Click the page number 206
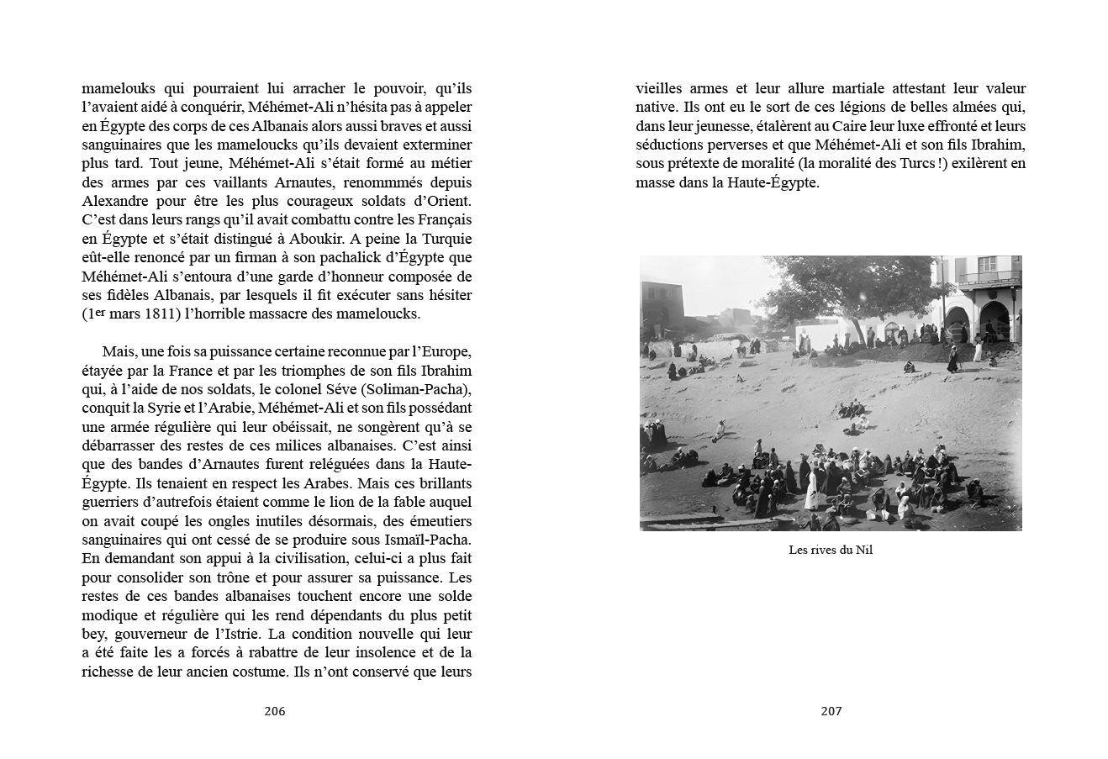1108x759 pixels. pos(274,711)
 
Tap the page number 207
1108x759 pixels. pos(831,711)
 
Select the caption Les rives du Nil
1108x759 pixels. pos(831,551)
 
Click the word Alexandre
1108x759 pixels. pos(118,202)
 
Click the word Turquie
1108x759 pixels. pos(443,239)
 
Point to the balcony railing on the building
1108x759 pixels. pos(989,278)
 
